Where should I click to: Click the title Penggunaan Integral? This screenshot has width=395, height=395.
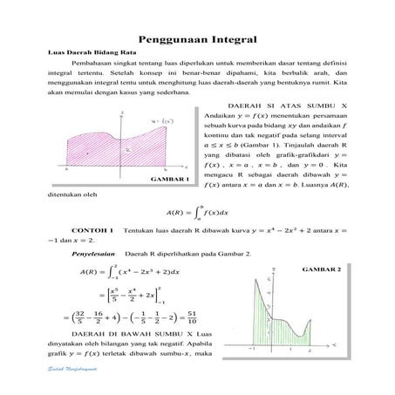click(x=197, y=39)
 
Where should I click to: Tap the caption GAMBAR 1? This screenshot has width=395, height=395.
click(x=171, y=179)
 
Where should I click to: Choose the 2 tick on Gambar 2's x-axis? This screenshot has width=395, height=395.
click(x=310, y=349)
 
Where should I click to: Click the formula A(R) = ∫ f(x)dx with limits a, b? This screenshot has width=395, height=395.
click(x=197, y=210)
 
